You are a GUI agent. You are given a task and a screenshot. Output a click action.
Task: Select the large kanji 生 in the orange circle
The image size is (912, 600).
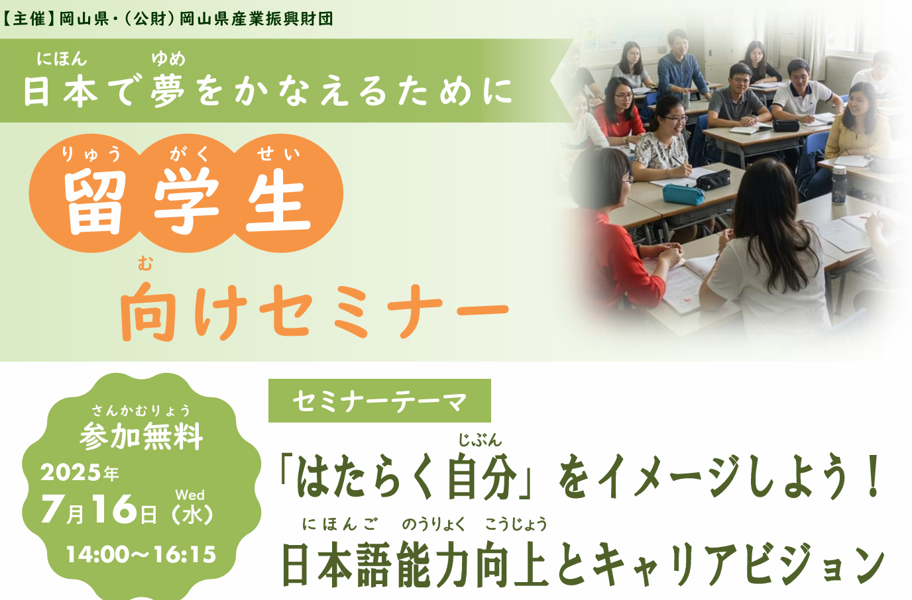tap(279, 202)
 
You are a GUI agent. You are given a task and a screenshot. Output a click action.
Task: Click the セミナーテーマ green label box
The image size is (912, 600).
tap(380, 401)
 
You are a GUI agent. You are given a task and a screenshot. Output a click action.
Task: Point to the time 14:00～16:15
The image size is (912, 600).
tap(141, 554)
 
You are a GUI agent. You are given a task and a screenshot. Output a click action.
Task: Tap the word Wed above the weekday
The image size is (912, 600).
tap(190, 495)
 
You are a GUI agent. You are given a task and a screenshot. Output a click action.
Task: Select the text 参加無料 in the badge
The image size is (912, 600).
tap(141, 436)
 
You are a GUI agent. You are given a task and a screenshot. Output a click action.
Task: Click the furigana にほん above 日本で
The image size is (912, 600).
tap(62, 60)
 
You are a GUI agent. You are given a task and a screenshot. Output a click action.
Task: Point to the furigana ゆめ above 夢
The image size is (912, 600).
tap(168, 60)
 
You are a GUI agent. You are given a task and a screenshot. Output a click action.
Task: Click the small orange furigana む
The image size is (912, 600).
tap(145, 264)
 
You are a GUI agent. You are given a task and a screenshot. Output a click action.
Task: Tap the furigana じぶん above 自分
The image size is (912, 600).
tap(480, 440)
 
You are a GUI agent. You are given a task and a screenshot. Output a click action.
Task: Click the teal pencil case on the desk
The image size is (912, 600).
tap(683, 195)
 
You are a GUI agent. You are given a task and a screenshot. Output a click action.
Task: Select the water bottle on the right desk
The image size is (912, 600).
tap(839, 184)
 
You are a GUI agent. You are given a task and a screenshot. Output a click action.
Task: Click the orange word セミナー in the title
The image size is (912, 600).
tap(384, 311)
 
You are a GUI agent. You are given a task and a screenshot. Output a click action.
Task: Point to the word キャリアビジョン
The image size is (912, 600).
tap(738, 565)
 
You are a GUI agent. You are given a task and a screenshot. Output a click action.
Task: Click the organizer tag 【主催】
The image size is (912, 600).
tap(29, 19)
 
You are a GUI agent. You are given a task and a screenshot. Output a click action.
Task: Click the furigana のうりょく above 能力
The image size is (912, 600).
tap(433, 525)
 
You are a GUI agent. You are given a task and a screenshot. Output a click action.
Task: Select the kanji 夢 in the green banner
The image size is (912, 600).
tap(167, 90)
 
